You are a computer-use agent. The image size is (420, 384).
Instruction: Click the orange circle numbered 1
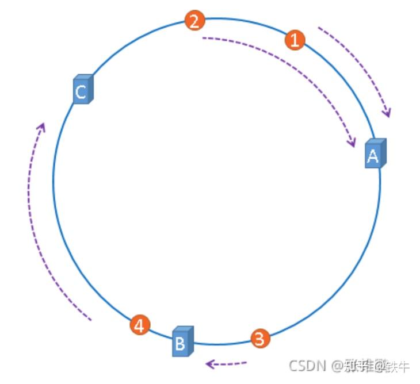(x=295, y=40)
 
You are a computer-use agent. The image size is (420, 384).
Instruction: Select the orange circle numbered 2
(x=194, y=21)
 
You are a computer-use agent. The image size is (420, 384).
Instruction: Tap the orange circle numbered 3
(x=259, y=339)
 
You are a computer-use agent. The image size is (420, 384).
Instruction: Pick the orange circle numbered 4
(x=139, y=325)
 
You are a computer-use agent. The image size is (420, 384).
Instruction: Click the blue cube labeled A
(x=375, y=153)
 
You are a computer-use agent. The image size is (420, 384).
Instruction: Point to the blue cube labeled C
(x=82, y=90)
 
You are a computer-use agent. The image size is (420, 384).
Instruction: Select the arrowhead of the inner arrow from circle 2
(x=353, y=144)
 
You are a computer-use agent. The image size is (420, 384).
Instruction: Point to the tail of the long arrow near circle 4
(x=90, y=320)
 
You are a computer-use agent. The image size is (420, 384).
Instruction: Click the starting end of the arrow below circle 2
(x=203, y=39)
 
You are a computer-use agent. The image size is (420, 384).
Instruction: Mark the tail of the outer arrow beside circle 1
(x=319, y=28)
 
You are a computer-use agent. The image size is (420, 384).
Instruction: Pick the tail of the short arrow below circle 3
(x=246, y=362)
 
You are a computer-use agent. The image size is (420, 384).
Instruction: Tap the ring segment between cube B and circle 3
(x=222, y=345)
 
